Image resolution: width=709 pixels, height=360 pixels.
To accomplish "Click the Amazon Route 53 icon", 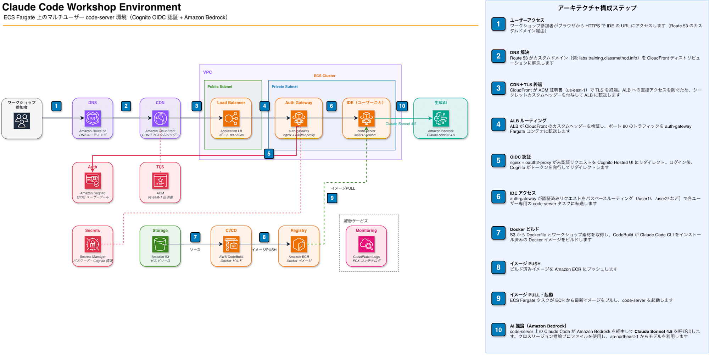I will pyautogui.click(x=93, y=118).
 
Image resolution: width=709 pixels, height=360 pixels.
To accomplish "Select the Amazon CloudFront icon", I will pyautogui.click(x=160, y=118).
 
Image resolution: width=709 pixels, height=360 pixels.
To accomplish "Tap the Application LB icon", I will pyautogui.click(x=231, y=118).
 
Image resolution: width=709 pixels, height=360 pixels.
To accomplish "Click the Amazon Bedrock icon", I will pyautogui.click(x=441, y=118).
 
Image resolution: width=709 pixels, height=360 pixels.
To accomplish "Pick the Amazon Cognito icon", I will pyautogui.click(x=93, y=181).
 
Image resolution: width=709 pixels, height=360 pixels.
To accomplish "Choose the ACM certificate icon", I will pyautogui.click(x=160, y=181).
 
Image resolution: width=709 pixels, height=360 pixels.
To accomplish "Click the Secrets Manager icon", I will pyautogui.click(x=93, y=244).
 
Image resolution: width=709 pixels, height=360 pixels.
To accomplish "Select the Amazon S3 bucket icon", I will pyautogui.click(x=160, y=244).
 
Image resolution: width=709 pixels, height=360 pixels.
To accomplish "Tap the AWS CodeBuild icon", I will pyautogui.click(x=231, y=244).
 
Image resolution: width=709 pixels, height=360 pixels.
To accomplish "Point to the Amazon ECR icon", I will pyautogui.click(x=298, y=244).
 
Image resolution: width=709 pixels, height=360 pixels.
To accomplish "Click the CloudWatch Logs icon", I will pyautogui.click(x=366, y=244).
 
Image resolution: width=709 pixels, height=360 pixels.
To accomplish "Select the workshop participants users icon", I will pyautogui.click(x=22, y=121).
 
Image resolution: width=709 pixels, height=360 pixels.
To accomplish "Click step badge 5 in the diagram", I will pyautogui.click(x=269, y=154).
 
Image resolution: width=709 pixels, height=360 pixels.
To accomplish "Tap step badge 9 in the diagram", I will pyautogui.click(x=332, y=198).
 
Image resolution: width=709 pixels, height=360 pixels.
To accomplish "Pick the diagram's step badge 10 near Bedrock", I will pyautogui.click(x=402, y=106).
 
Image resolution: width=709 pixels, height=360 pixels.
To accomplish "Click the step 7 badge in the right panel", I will pyautogui.click(x=498, y=233).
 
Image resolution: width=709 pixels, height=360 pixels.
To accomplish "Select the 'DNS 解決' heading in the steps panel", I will pyautogui.click(x=519, y=52).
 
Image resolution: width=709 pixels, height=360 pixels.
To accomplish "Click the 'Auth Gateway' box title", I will pyautogui.click(x=298, y=103).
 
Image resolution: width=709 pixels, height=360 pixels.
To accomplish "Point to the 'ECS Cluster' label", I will pyautogui.click(x=324, y=76).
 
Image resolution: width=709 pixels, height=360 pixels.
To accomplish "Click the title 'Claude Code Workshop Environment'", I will pyautogui.click(x=91, y=7).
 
